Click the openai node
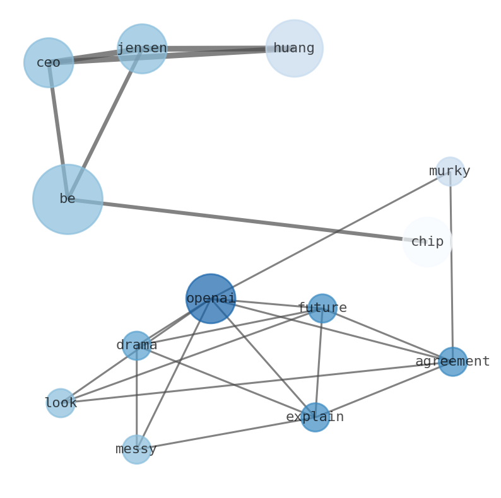click(210, 298)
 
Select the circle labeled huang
click(294, 48)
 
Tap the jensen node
click(142, 49)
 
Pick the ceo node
click(49, 62)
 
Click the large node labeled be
click(68, 199)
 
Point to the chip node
click(427, 242)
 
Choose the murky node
click(450, 171)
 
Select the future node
click(322, 308)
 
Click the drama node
click(136, 345)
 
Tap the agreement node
click(452, 362)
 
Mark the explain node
click(315, 417)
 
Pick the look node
click(61, 403)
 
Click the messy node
click(136, 449)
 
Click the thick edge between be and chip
click(246, 220)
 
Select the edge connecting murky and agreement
click(451, 265)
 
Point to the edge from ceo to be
click(58, 130)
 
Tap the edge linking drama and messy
click(136, 397)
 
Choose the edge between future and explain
click(319, 362)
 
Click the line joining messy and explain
click(225, 434)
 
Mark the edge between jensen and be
click(105, 124)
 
